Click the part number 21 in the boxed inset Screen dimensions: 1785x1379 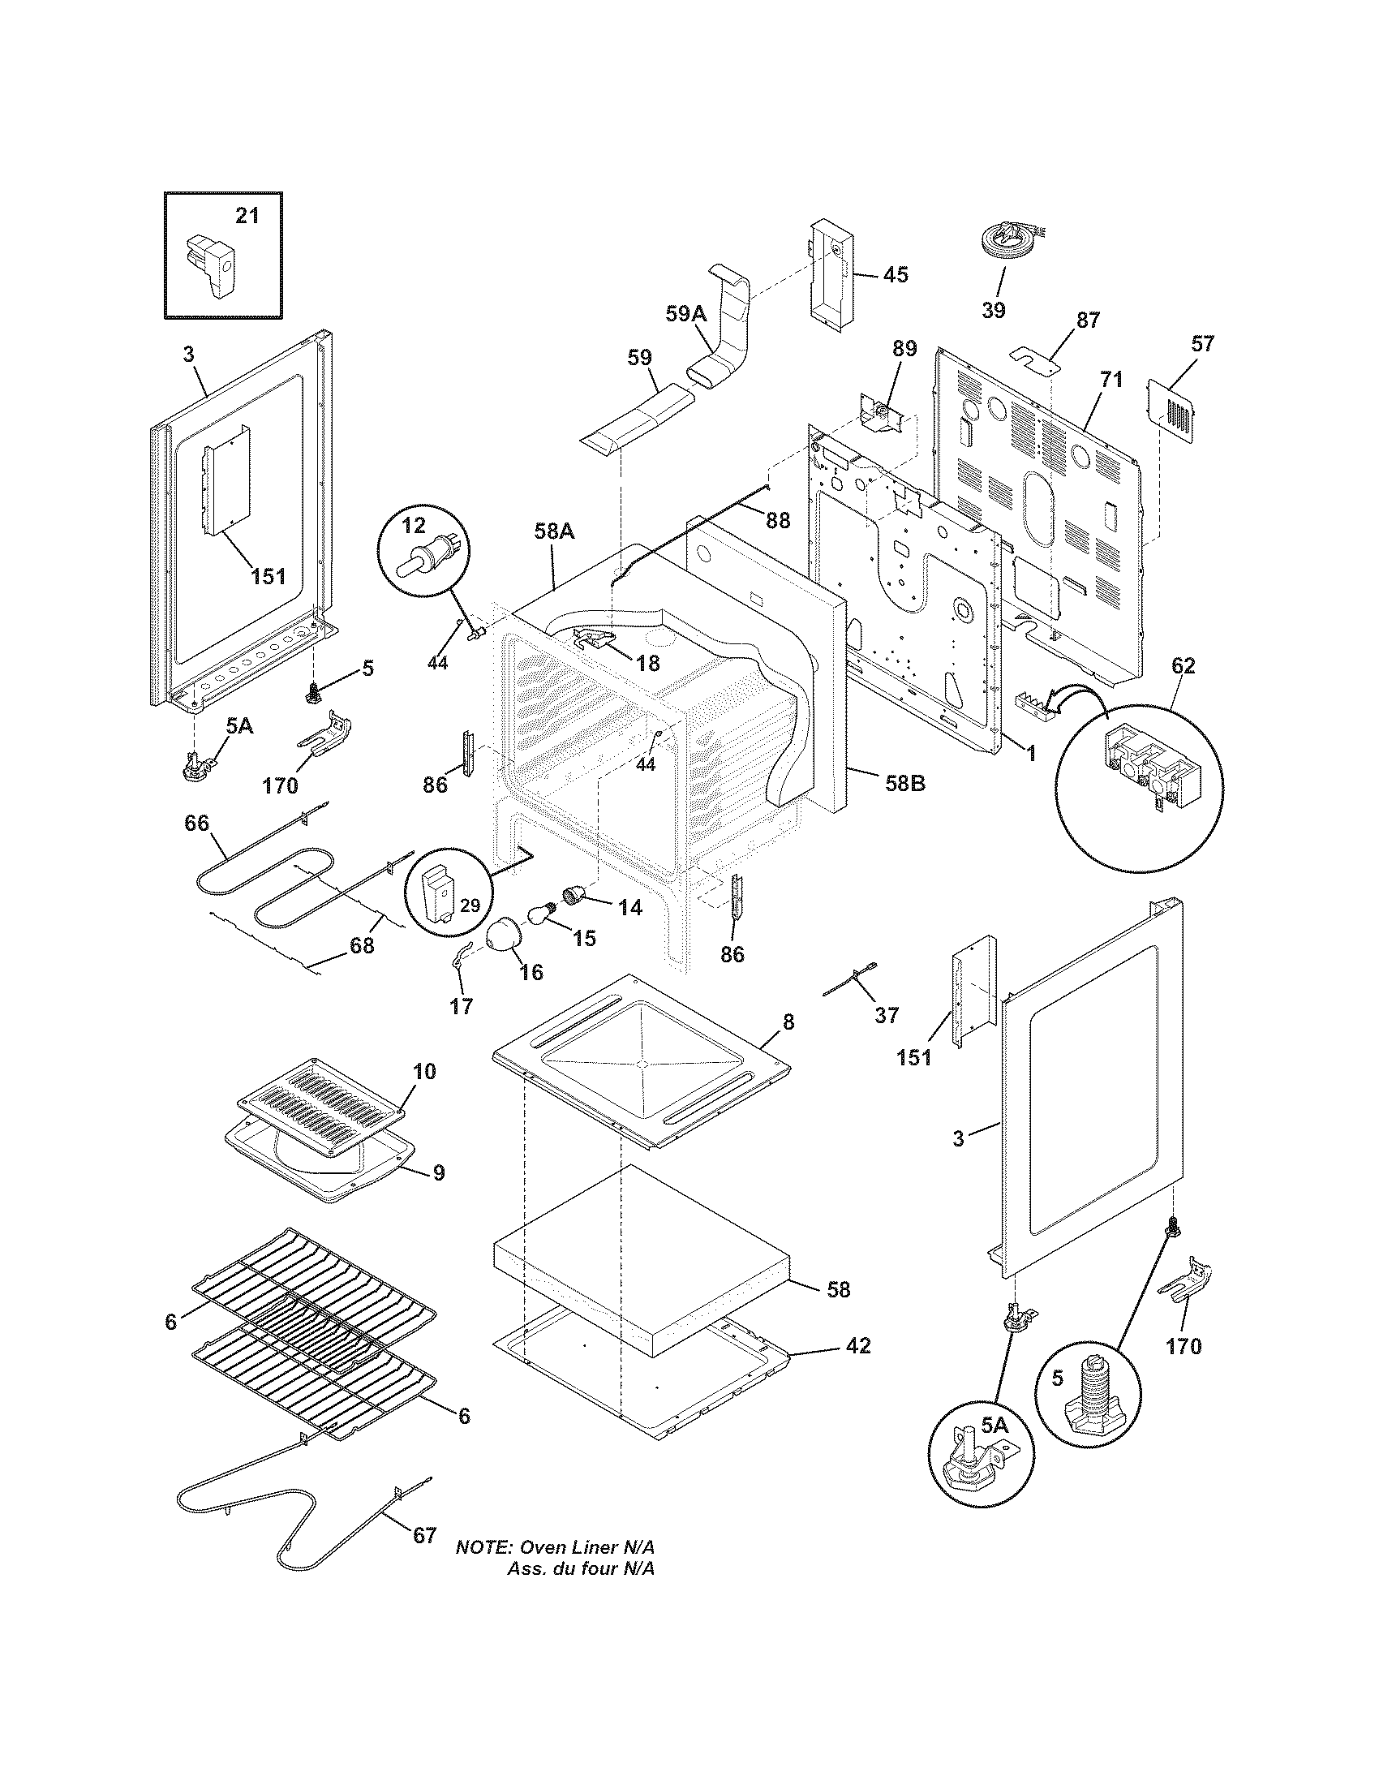tap(247, 216)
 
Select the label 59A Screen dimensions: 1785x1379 tap(685, 314)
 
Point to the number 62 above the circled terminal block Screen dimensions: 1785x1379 tap(1183, 666)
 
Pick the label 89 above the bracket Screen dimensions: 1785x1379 tap(904, 349)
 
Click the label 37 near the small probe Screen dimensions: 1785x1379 tap(886, 1014)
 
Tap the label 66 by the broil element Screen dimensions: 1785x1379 tap(196, 823)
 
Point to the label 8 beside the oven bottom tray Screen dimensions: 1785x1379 tap(788, 1022)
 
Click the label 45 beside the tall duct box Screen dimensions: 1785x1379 tap(896, 274)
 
